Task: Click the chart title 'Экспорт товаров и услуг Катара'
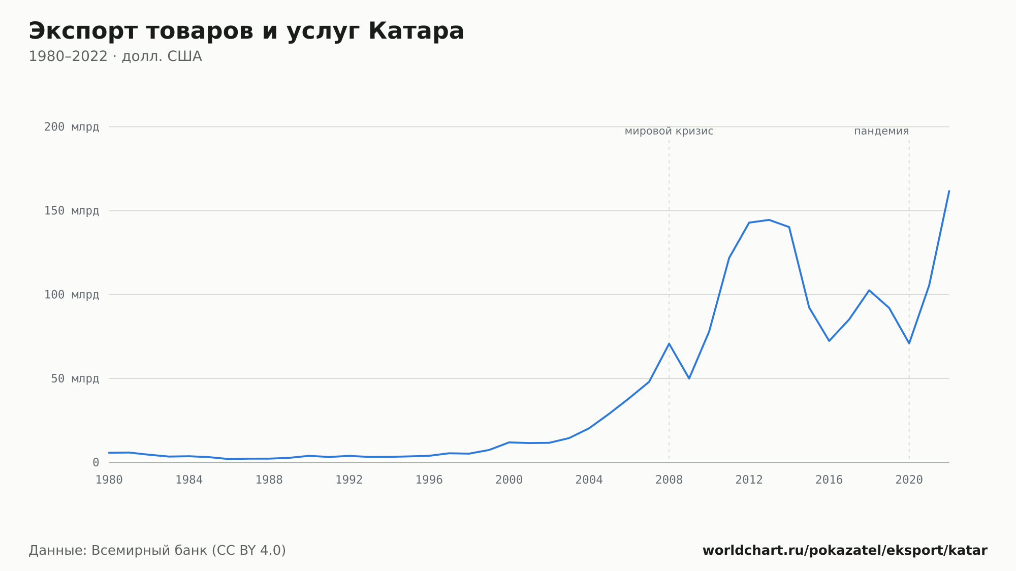tap(246, 31)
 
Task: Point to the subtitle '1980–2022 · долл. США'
tap(115, 56)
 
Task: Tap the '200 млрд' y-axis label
tap(72, 127)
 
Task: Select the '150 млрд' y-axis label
tap(72, 211)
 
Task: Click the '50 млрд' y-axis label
tap(75, 378)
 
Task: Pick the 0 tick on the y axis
tap(96, 463)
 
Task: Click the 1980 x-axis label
tap(109, 480)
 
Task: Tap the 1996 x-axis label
tap(429, 480)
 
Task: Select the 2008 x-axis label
tap(669, 480)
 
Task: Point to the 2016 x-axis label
tap(829, 480)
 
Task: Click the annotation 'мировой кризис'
tap(669, 131)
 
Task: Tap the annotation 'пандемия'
tap(881, 131)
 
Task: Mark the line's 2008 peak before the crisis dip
tap(669, 343)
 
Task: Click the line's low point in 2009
tap(689, 378)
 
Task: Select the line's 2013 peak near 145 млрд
tap(769, 220)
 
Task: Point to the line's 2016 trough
tap(829, 340)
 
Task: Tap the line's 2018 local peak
tap(869, 290)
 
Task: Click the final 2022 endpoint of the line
tap(949, 191)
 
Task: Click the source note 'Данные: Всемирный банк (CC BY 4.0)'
tap(157, 551)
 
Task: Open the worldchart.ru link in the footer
tap(845, 551)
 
